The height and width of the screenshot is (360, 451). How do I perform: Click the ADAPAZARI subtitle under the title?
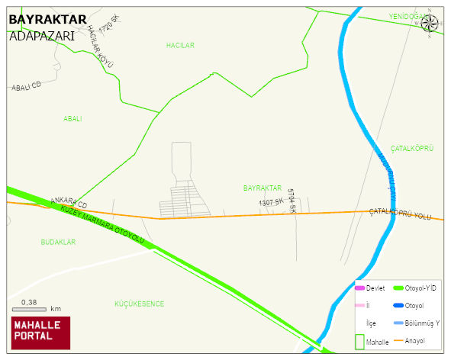42,35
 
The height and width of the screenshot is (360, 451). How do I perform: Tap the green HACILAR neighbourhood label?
180,46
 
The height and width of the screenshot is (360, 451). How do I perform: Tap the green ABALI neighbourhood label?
72,119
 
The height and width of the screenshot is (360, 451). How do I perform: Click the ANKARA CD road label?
69,203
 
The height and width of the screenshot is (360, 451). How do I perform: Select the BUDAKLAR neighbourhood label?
58,242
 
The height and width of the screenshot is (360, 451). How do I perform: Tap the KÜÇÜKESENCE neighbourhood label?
139,304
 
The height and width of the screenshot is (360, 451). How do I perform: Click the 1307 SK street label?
271,203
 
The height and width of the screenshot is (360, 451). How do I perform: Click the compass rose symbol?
430,23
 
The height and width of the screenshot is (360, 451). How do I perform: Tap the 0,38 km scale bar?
36,307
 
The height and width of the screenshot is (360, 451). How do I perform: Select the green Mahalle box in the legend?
359,341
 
